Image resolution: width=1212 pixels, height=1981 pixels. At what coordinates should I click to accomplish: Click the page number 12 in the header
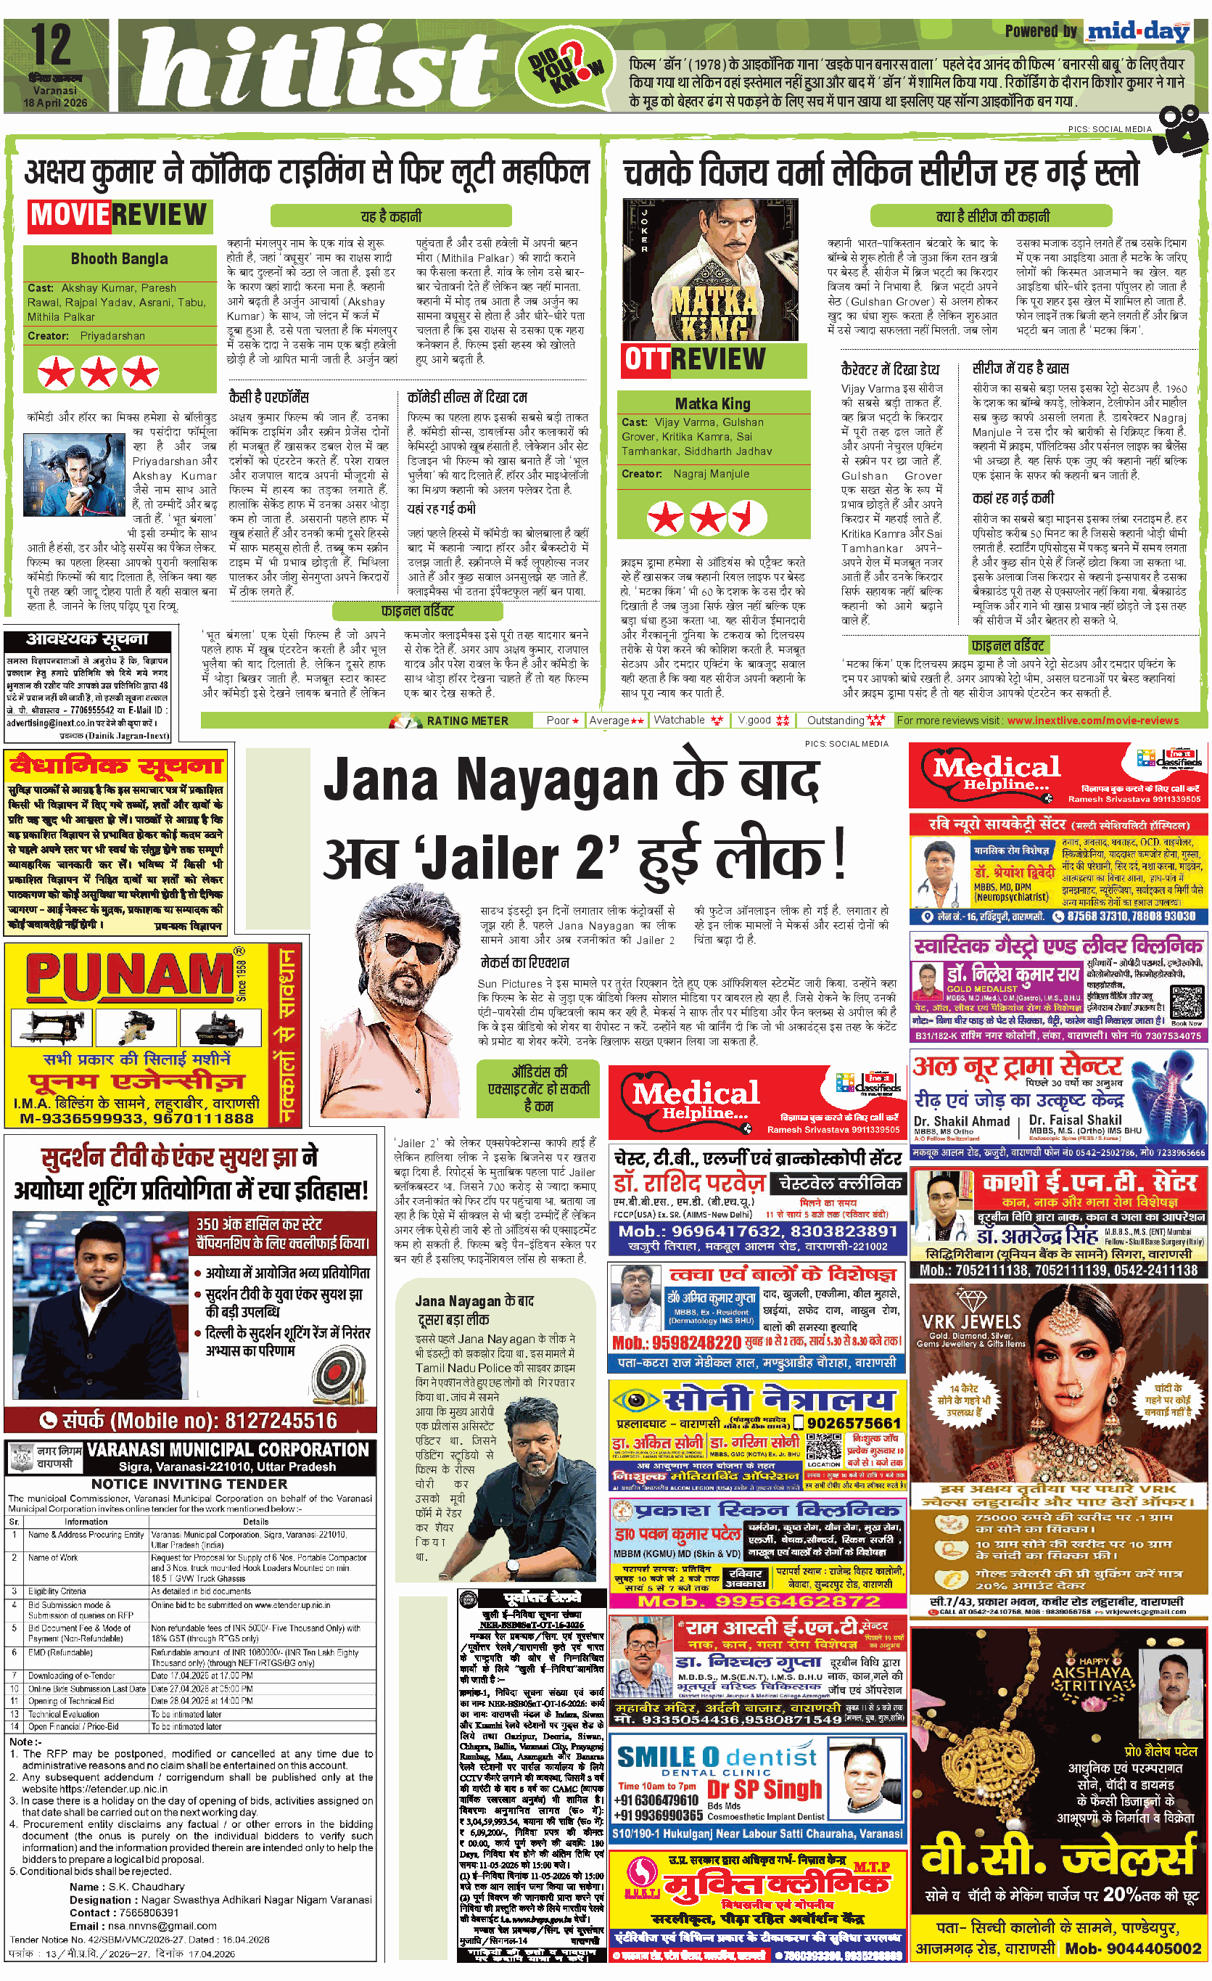pyautogui.click(x=51, y=46)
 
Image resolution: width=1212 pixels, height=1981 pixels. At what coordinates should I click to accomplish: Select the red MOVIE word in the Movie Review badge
pyautogui.click(x=69, y=215)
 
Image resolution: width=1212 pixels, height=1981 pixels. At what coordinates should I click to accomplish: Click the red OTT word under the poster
pyautogui.click(x=646, y=359)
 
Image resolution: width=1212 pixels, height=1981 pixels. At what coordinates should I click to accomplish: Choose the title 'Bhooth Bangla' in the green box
pyautogui.click(x=119, y=259)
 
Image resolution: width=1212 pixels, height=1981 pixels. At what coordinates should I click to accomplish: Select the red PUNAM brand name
pyautogui.click(x=128, y=975)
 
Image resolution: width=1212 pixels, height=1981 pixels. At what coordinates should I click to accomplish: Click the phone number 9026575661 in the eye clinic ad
pyautogui.click(x=855, y=1423)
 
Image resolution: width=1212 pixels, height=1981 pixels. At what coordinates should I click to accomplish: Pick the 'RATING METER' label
pyautogui.click(x=467, y=721)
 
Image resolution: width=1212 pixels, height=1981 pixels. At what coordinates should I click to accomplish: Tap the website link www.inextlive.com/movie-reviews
pyautogui.click(x=1092, y=721)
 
